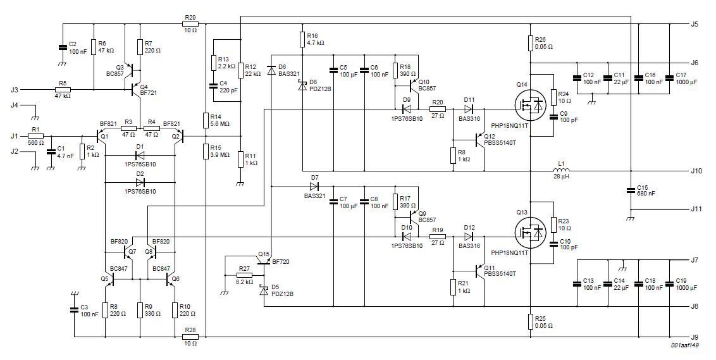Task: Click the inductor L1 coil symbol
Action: click(562, 171)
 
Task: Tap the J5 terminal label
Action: click(694, 24)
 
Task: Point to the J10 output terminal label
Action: click(696, 171)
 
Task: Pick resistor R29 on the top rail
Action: click(190, 24)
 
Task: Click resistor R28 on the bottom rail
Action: click(190, 337)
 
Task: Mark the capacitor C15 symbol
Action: click(630, 189)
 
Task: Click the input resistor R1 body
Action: click(35, 136)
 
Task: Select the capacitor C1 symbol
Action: click(51, 152)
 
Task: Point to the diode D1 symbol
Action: click(140, 155)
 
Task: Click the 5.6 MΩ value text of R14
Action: click(221, 124)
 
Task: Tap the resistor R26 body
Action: click(530, 42)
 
